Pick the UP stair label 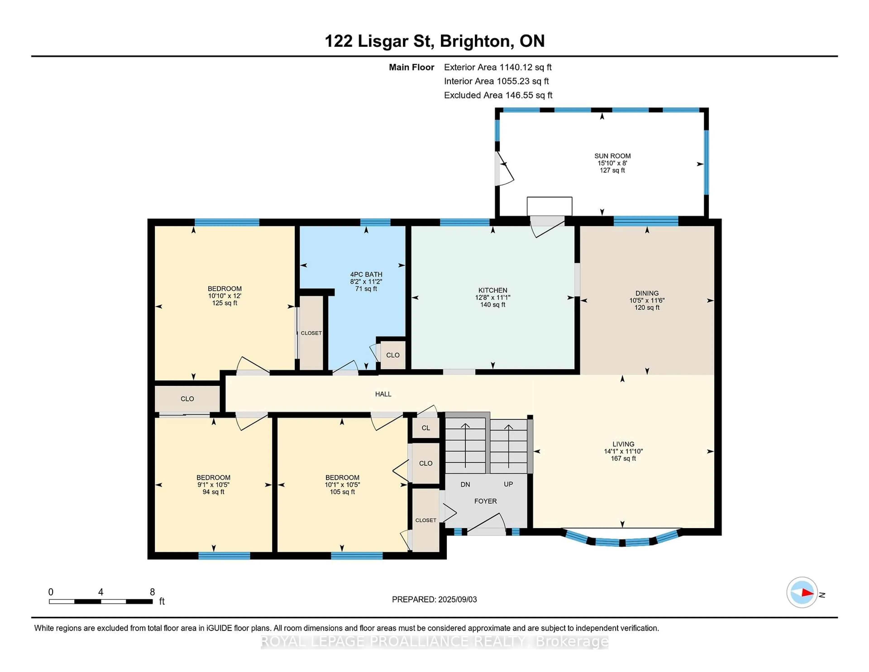tap(508, 484)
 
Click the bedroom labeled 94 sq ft tap(213, 485)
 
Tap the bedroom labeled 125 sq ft tap(224, 296)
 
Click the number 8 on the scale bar tap(152, 592)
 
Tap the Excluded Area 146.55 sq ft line tap(498, 95)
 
